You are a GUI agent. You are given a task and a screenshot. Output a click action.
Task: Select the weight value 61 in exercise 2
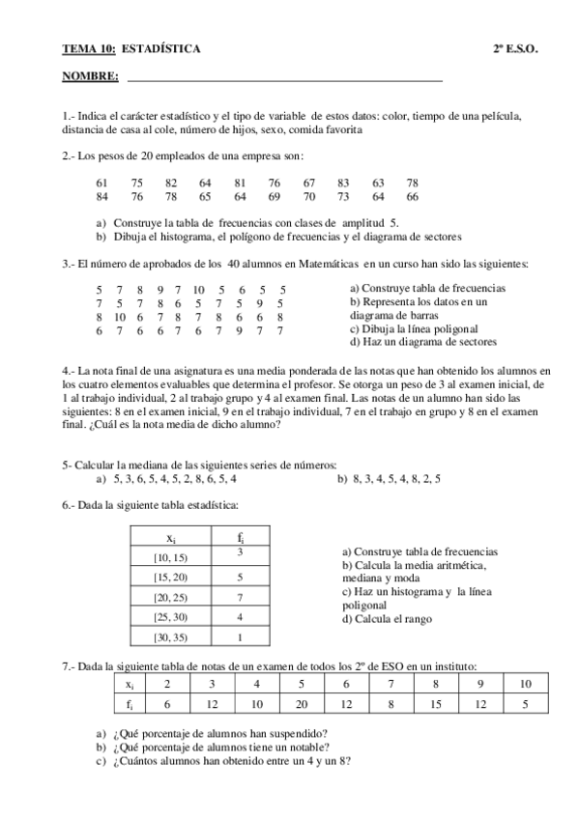point(102,183)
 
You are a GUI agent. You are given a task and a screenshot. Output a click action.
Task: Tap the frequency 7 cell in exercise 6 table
point(239,597)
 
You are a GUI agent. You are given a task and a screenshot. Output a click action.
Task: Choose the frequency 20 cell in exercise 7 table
point(301,705)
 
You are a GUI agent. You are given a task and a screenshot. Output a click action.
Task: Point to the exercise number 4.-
point(68,370)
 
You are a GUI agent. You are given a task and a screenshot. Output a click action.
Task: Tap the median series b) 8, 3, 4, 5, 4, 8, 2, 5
point(390,477)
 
